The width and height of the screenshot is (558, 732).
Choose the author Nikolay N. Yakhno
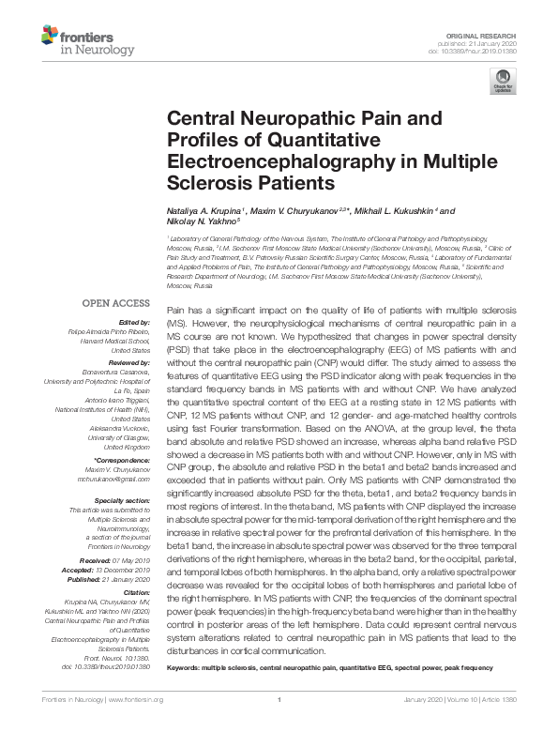199,223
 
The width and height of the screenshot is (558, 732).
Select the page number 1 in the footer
279,700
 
